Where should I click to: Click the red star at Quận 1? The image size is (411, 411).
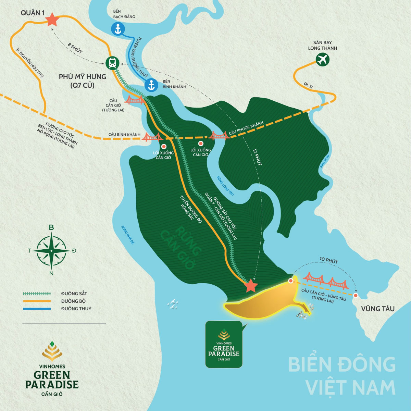pos(52,20)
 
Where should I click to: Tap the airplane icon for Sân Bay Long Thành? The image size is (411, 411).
pos(322,60)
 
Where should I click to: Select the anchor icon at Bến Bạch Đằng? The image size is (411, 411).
pos(118,29)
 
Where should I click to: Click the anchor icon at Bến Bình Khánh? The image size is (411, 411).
pos(151,85)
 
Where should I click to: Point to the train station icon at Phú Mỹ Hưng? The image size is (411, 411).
pos(112,63)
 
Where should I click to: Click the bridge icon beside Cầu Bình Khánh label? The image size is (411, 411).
pos(152,136)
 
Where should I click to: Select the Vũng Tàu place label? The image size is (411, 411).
pos(377,309)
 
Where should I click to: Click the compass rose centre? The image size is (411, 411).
pos(51,251)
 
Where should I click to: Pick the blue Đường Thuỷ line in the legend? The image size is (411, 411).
pos(37,309)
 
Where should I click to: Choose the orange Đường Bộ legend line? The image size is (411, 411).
pos(37,301)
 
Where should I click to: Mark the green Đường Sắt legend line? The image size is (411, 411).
pos(37,294)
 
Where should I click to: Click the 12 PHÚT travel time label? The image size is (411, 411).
pos(257,157)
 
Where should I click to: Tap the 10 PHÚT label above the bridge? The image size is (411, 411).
pos(328,261)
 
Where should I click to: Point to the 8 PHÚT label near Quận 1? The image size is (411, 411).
pos(75,48)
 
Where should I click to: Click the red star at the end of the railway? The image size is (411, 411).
pos(251,286)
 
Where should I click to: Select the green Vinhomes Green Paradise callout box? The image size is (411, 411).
pos(223,344)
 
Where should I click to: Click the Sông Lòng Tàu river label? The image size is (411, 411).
pos(225,185)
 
